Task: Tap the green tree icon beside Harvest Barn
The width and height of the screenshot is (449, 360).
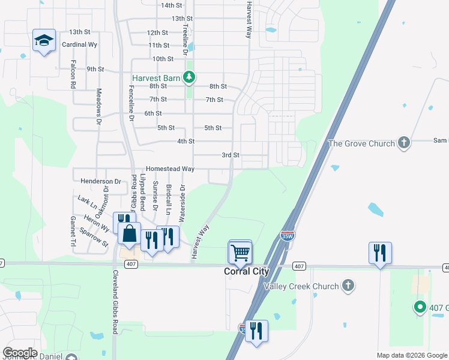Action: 189,77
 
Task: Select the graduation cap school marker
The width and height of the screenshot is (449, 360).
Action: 44,41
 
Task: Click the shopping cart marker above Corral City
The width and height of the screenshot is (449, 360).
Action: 240,253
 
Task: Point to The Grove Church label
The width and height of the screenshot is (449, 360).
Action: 361,143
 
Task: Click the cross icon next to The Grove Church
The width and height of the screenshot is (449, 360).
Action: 404,143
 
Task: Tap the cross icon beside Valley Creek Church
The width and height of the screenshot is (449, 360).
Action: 348,284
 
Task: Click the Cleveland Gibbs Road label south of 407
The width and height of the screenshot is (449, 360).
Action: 115,302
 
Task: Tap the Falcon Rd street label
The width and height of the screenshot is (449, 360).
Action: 73,74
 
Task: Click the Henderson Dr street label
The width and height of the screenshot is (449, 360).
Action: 101,181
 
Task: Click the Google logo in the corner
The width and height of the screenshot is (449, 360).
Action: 20,353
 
